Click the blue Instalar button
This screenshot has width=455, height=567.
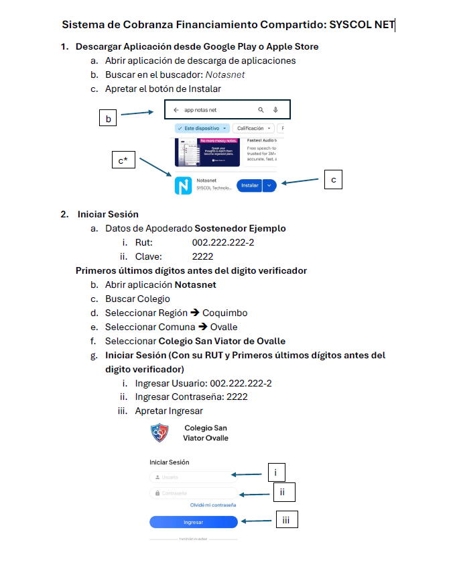click(x=249, y=185)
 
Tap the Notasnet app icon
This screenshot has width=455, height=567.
click(x=183, y=186)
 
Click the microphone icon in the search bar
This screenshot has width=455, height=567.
click(x=275, y=109)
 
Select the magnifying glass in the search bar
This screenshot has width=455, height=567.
click(x=261, y=109)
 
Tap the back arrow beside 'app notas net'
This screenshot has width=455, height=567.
click(x=176, y=109)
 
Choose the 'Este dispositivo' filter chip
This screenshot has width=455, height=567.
click(x=202, y=127)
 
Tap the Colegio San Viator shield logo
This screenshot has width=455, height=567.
click(x=159, y=433)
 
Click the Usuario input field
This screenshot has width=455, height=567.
click(x=193, y=477)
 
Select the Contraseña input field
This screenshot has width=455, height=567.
click(x=193, y=493)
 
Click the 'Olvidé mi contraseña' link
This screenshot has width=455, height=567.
click(x=213, y=505)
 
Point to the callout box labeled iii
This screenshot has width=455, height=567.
click(x=286, y=519)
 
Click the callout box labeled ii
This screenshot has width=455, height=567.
click(x=283, y=493)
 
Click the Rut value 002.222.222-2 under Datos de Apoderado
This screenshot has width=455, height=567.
click(x=222, y=242)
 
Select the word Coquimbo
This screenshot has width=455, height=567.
click(x=224, y=313)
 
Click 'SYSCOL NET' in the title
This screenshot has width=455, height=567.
click(x=362, y=25)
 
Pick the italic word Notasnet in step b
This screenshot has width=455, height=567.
click(x=225, y=74)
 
